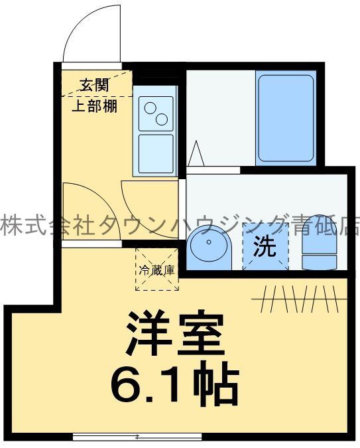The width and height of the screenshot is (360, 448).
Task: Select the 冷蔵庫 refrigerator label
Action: pyautogui.click(x=157, y=270)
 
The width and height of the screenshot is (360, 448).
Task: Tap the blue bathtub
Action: pyautogui.click(x=285, y=118)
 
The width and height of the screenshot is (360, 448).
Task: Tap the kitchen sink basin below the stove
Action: pyautogui.click(x=156, y=153)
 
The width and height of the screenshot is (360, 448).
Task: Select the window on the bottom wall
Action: pyautogui.click(x=137, y=437)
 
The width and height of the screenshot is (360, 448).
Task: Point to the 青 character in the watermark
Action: pyautogui.click(x=306, y=226)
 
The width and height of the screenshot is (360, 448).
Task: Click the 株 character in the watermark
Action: pyautogui.click(x=9, y=226)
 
